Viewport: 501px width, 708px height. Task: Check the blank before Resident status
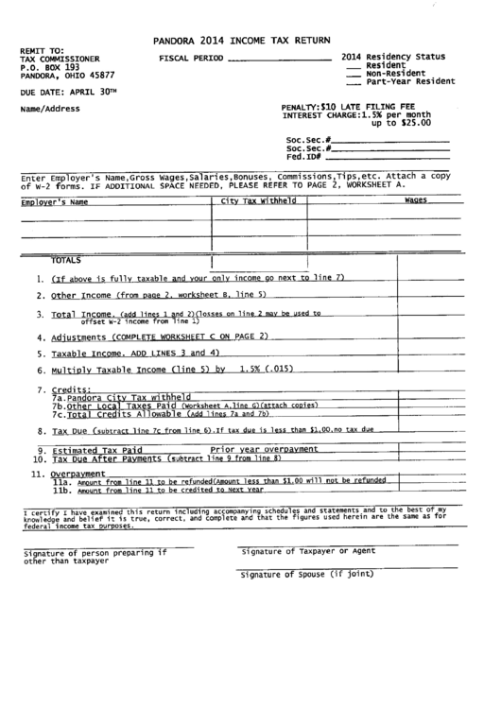[x=354, y=65]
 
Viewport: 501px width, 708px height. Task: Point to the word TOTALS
[x=66, y=259]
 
